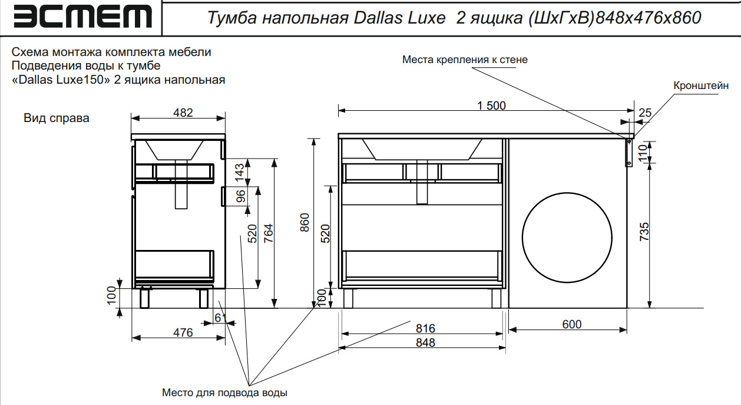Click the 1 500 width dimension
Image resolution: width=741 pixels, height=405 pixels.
point(491,106)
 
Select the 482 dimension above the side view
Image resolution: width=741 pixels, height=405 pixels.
point(183,113)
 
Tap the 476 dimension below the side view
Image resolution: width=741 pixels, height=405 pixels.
point(183,332)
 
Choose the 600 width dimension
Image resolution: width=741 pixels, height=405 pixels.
point(571,324)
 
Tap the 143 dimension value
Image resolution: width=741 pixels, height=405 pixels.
point(240,173)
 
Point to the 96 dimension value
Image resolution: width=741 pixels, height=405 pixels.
point(240,196)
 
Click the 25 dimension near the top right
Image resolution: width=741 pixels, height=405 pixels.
point(644,113)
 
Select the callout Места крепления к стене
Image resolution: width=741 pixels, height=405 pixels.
point(465,60)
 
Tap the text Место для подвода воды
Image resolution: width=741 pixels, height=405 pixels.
point(224,393)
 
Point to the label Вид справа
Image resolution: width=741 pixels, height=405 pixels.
point(57,118)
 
